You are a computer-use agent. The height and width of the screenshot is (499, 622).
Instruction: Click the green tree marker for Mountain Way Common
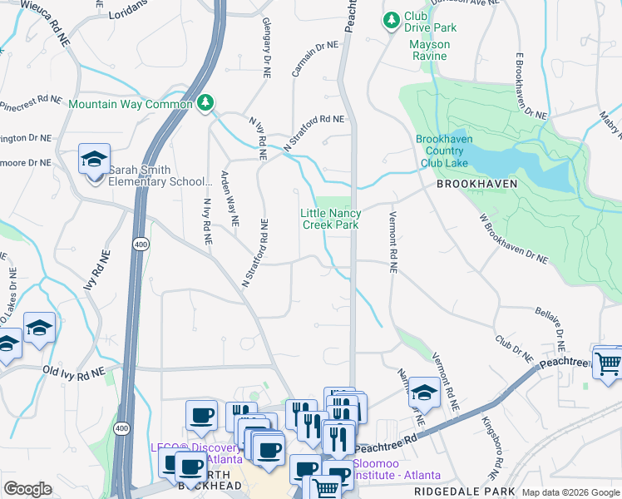[205, 103]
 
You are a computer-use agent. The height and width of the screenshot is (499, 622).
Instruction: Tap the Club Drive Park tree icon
[390, 18]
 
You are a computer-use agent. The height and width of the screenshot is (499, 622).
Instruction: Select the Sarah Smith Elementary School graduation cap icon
[94, 158]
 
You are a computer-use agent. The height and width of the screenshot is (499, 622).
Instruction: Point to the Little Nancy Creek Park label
[330, 219]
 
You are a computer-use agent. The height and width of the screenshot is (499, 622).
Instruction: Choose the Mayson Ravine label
[429, 50]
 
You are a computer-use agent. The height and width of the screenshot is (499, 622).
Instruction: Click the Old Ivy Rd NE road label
[74, 374]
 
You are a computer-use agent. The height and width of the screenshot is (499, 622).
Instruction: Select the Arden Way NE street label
[230, 199]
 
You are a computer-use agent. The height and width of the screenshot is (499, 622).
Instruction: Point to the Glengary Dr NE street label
[266, 47]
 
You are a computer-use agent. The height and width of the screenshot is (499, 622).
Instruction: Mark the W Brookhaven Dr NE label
[514, 240]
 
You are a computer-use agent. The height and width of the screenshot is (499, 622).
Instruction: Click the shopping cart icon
[609, 363]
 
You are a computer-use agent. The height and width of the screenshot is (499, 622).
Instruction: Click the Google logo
[27, 489]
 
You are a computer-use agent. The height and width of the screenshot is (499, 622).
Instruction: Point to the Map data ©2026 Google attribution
[570, 492]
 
